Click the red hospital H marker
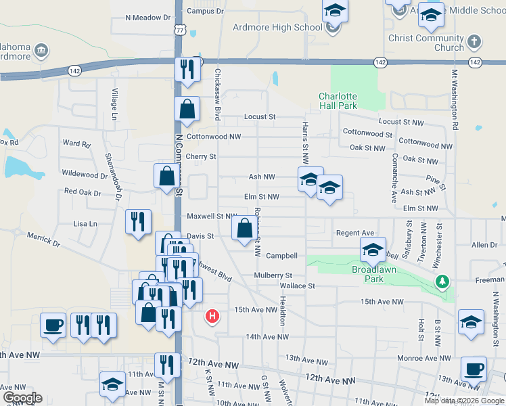(x=212, y=316)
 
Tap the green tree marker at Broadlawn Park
(x=442, y=281)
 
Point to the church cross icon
(x=474, y=41)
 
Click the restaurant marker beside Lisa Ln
(x=138, y=221)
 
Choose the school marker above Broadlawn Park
(x=372, y=249)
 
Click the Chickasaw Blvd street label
(x=218, y=94)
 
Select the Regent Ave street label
(x=355, y=233)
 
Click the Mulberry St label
(x=273, y=275)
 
